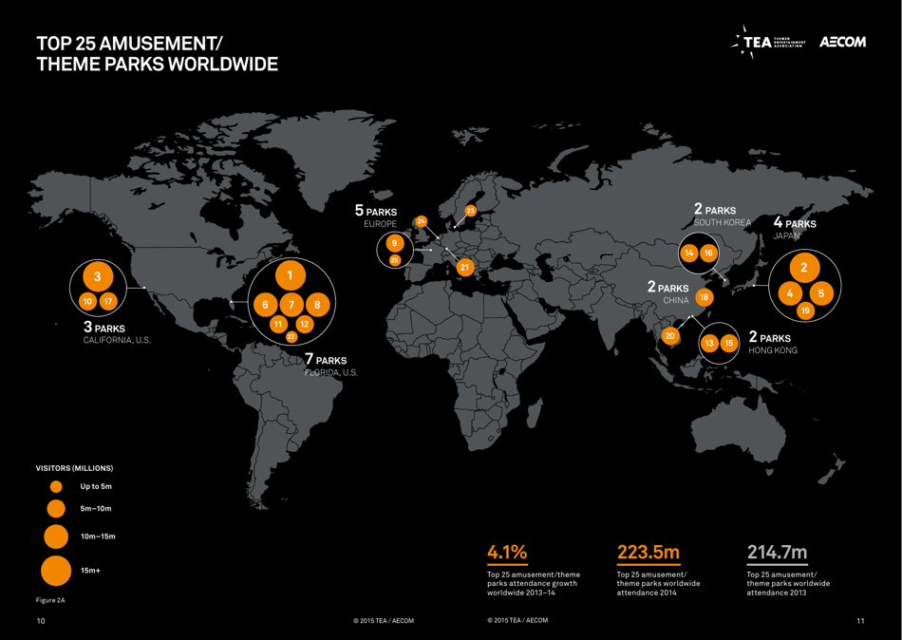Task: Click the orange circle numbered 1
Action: (x=290, y=275)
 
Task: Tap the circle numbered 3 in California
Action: (x=97, y=276)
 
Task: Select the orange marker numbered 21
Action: (x=464, y=267)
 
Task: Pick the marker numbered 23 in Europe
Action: (x=470, y=211)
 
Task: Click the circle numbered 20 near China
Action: (x=670, y=335)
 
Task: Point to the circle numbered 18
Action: (x=704, y=297)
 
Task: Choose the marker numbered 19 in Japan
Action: (x=805, y=311)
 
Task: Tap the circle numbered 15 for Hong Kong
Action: (x=729, y=343)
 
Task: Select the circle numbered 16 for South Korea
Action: (x=708, y=254)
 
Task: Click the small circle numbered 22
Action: (x=291, y=336)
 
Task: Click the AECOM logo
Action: (x=842, y=43)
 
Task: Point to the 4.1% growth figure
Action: (x=507, y=552)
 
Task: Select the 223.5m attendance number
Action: (x=648, y=552)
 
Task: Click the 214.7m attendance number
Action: (x=778, y=552)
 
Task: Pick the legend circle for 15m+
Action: (x=56, y=572)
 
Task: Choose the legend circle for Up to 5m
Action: (x=56, y=486)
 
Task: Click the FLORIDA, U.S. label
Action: (x=331, y=373)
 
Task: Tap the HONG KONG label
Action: (x=773, y=350)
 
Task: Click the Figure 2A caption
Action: (x=50, y=600)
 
